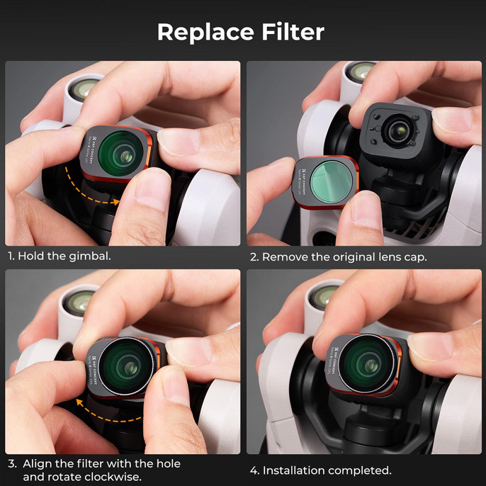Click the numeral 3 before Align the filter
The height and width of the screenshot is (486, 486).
coord(12,464)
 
